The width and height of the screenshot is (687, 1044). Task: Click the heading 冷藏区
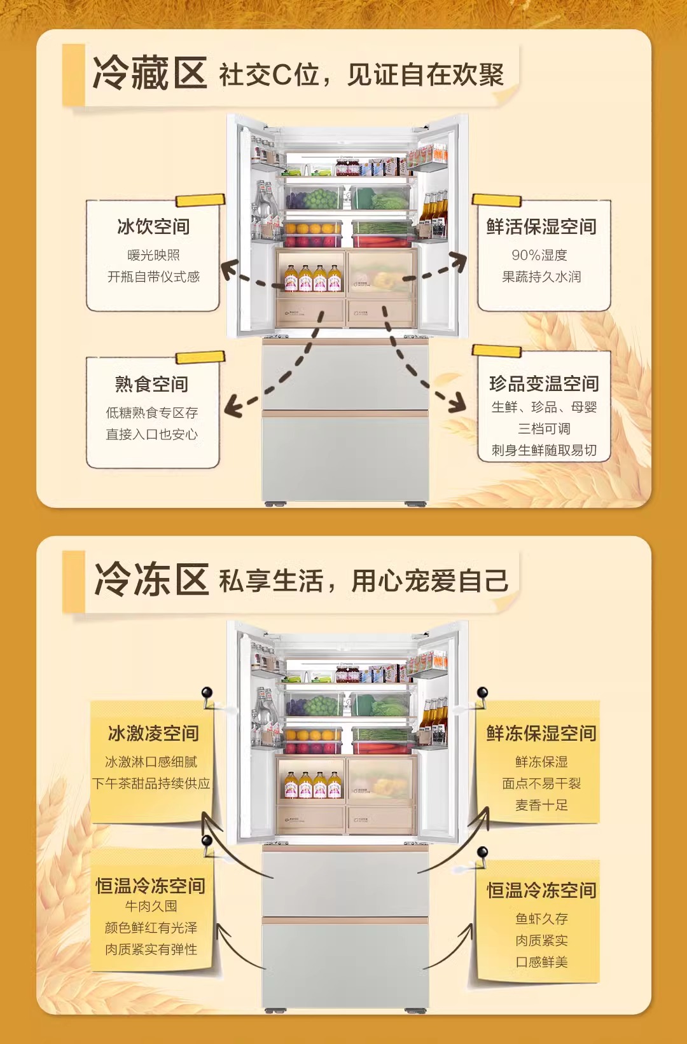tap(150, 73)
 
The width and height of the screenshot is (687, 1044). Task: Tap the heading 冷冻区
tap(151, 580)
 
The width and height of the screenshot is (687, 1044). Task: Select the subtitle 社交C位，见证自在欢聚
tap(361, 75)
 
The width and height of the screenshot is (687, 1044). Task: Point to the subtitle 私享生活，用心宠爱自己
tap(364, 581)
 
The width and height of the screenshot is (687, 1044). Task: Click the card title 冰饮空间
tap(153, 226)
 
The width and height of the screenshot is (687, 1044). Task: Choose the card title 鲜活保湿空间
tap(541, 226)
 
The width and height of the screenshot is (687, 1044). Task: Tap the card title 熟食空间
tap(151, 384)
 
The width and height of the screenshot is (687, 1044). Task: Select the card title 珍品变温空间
tap(544, 383)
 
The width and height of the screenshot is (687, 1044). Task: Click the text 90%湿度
tap(539, 255)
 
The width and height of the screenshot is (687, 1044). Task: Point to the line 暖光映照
tap(153, 255)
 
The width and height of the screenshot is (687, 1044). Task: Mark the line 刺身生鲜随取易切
tap(544, 450)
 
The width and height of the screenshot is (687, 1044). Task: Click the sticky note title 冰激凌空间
tap(153, 733)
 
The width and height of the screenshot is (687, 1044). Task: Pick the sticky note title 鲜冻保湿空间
tap(541, 733)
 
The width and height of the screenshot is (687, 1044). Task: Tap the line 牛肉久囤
tap(151, 906)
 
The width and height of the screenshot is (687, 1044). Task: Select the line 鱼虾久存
tap(541, 919)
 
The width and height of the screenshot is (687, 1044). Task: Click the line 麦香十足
tap(541, 805)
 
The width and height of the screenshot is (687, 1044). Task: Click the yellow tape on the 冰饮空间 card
tap(200, 200)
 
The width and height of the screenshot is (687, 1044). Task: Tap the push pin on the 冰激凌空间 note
tap(206, 693)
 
